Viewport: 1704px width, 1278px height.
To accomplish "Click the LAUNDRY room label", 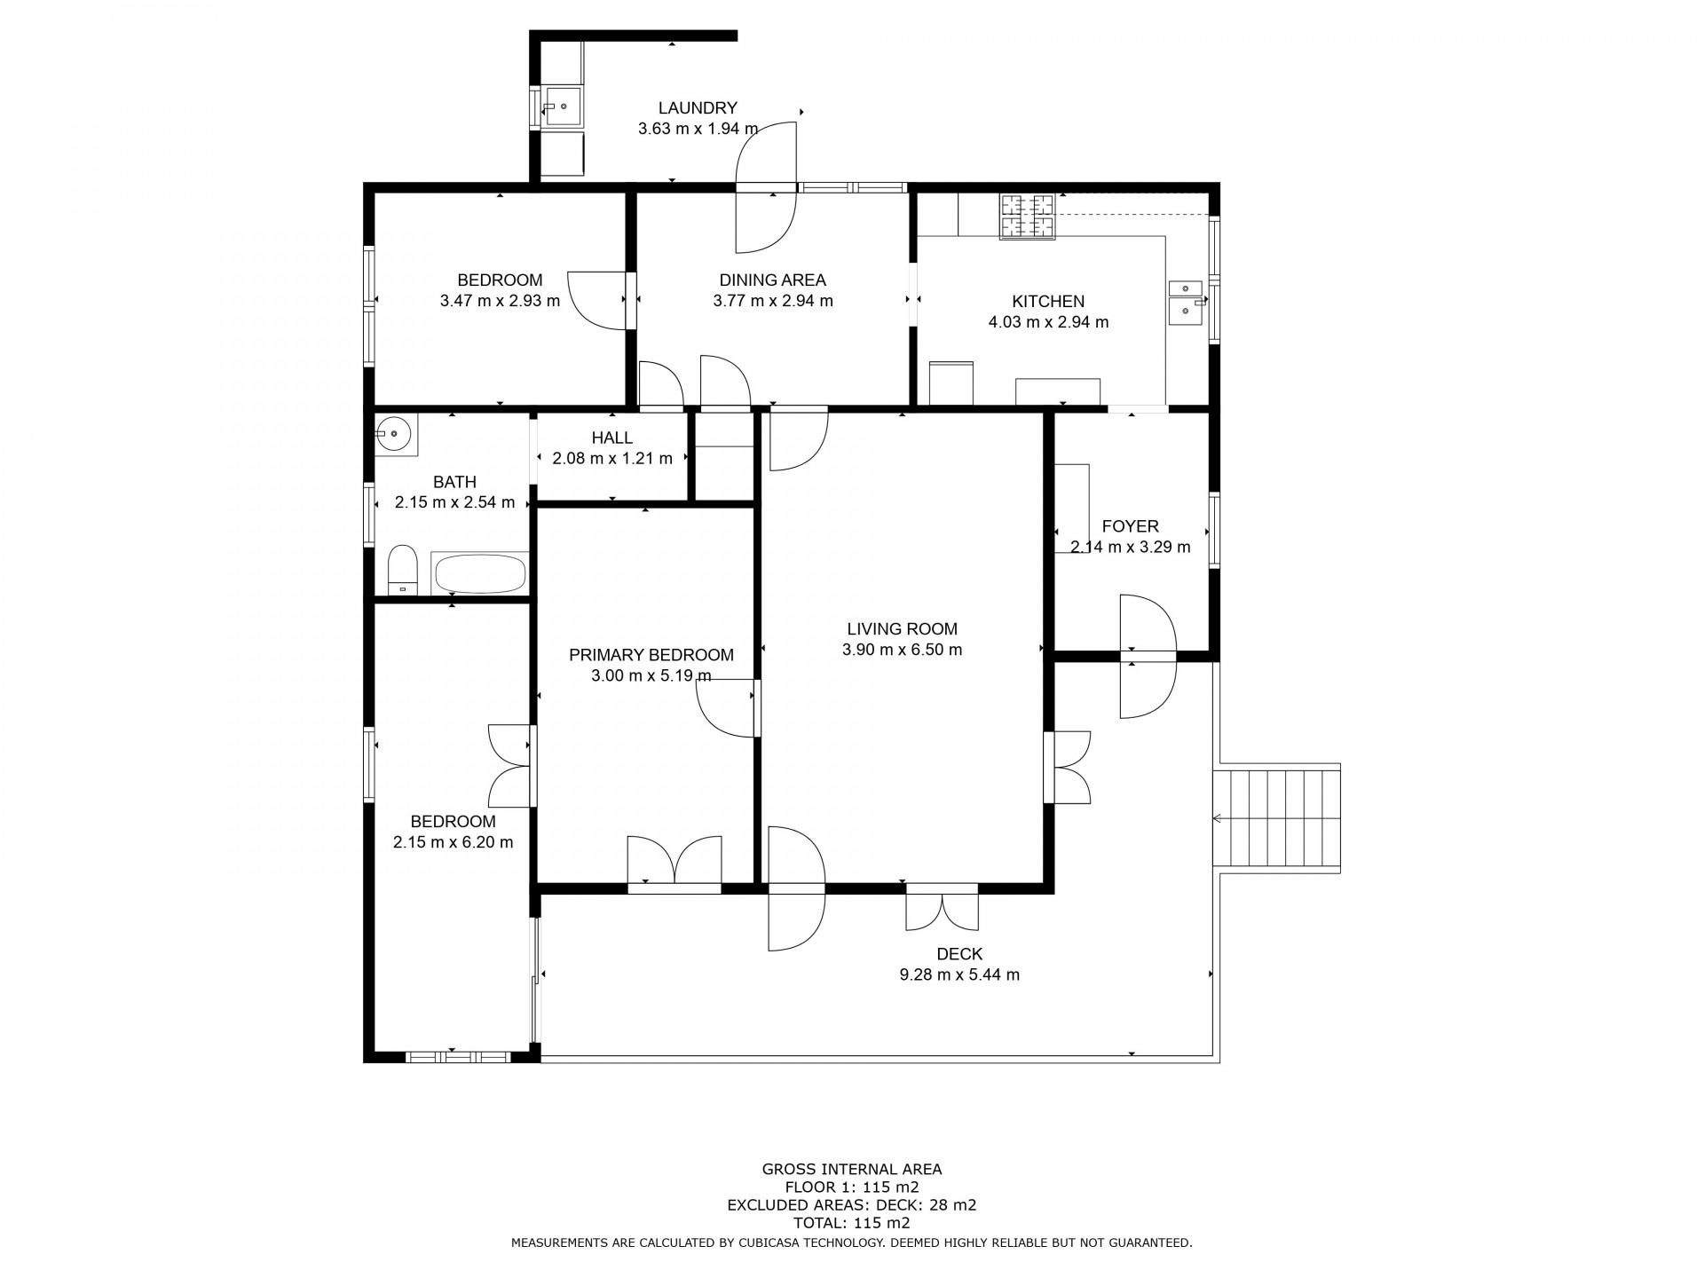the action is pyautogui.click(x=698, y=108).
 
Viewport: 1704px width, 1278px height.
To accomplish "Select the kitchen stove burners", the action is pyautogui.click(x=1029, y=217).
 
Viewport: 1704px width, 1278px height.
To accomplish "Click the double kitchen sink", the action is pyautogui.click(x=1186, y=303).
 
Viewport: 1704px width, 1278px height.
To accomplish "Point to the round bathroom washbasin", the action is pyautogui.click(x=394, y=435).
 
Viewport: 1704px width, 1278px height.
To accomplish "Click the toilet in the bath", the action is pyautogui.click(x=403, y=570).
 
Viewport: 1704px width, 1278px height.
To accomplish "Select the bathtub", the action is pyautogui.click(x=479, y=573).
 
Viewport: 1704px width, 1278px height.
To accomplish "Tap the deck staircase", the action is pyautogui.click(x=1277, y=817).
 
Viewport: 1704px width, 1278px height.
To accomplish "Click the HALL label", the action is pyautogui.click(x=612, y=438).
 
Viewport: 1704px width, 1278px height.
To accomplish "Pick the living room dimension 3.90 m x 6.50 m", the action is pyautogui.click(x=902, y=650).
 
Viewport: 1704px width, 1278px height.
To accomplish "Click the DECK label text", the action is pyautogui.click(x=959, y=954).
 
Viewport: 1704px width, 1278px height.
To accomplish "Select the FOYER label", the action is pyautogui.click(x=1131, y=526).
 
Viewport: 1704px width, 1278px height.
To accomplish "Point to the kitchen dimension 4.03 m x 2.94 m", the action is pyautogui.click(x=1048, y=322).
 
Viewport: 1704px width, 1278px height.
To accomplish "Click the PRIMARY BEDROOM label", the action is pyautogui.click(x=651, y=655).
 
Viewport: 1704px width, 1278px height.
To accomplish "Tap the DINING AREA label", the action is pyautogui.click(x=772, y=280).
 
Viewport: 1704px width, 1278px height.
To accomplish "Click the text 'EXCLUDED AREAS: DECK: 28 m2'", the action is pyautogui.click(x=852, y=1205).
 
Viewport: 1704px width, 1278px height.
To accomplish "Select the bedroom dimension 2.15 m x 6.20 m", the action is pyautogui.click(x=454, y=842).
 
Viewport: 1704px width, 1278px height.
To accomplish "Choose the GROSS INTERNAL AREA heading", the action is pyautogui.click(x=852, y=1170).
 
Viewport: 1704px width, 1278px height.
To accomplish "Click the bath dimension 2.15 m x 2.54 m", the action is pyautogui.click(x=454, y=502).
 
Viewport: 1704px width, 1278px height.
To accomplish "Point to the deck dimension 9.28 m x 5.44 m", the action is pyautogui.click(x=959, y=974).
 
